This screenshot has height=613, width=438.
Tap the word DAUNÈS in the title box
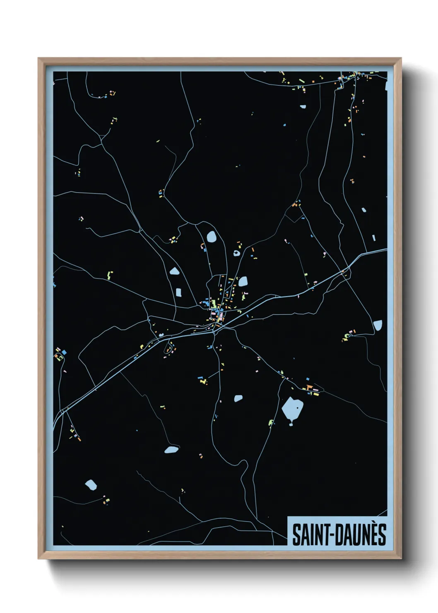(x=361, y=535)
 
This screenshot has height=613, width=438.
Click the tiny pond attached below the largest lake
(x=291, y=423)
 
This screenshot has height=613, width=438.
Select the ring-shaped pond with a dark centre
(x=236, y=253)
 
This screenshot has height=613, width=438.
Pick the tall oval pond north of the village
(x=212, y=237)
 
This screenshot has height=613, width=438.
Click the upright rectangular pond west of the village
(x=178, y=292)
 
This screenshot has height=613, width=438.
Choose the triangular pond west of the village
(x=174, y=272)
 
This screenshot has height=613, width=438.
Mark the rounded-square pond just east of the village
(x=243, y=282)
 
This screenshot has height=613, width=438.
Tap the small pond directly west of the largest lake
(x=238, y=398)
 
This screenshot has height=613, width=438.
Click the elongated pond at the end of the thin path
(x=171, y=449)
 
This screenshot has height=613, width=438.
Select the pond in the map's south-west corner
(x=91, y=485)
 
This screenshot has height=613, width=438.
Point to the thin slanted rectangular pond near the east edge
(x=374, y=238)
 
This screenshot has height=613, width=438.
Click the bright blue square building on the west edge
(x=64, y=352)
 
